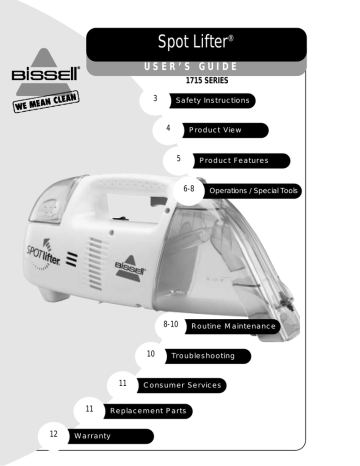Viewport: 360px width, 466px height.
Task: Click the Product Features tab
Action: (x=241, y=160)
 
